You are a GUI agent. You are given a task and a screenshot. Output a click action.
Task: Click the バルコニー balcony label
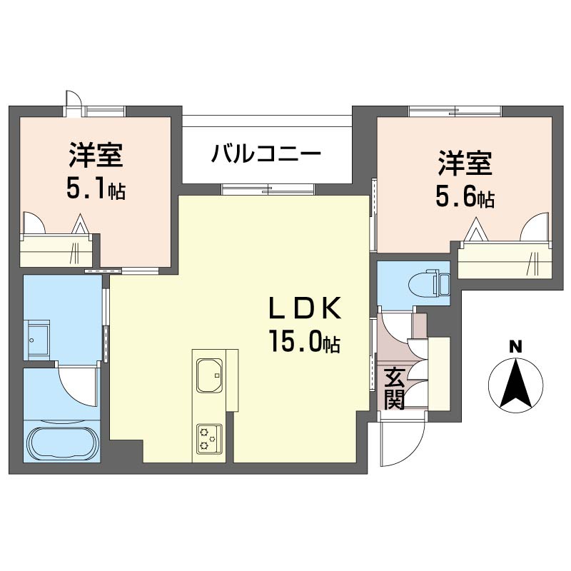pos(267,153)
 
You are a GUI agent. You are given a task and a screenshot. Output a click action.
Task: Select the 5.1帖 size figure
pos(96,189)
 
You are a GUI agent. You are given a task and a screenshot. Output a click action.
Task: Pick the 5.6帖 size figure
pos(465,198)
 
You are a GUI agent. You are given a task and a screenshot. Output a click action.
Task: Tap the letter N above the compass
pos(516,347)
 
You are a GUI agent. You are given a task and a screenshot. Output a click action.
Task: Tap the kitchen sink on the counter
pos(209,376)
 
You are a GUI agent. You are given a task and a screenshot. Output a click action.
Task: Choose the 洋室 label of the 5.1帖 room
pos(96,156)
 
